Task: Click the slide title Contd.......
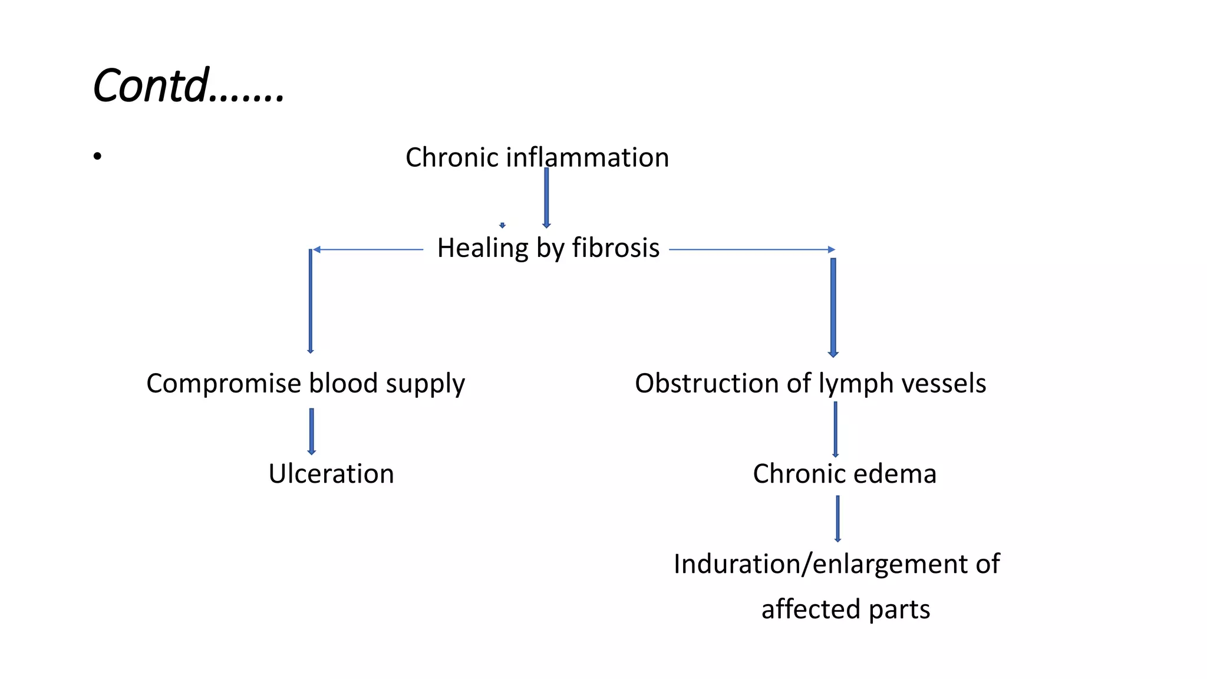tap(189, 85)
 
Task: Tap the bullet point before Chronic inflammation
tap(97, 156)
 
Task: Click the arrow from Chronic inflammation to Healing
tap(546, 197)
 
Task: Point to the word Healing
tap(483, 248)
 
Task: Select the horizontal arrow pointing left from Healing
tap(368, 249)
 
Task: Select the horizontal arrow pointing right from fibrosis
tap(752, 249)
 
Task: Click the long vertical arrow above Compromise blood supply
tap(311, 301)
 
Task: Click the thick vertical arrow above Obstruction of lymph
tap(833, 306)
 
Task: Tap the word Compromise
tap(224, 383)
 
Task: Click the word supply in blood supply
tap(425, 384)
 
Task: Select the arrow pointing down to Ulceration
tap(311, 431)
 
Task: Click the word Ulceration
tap(331, 474)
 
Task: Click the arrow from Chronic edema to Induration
tap(837, 518)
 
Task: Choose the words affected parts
tap(845, 609)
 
